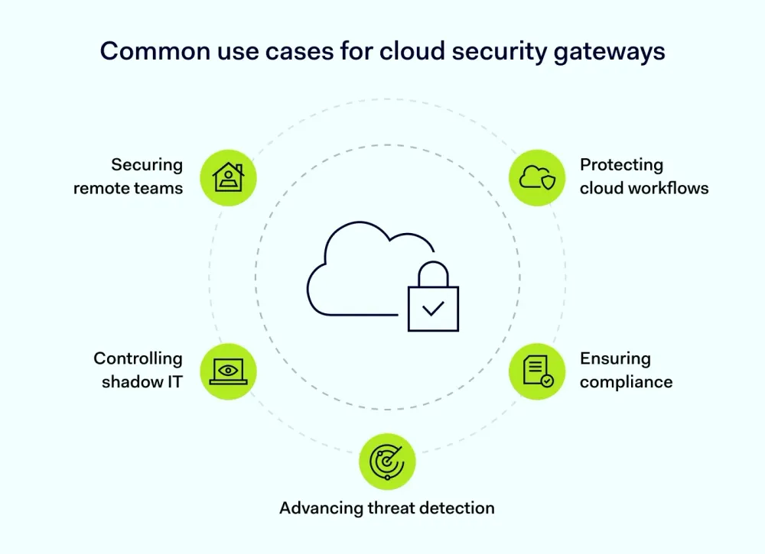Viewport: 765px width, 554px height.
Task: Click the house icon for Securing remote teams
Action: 228,177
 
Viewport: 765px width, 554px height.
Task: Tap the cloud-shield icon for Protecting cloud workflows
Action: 538,177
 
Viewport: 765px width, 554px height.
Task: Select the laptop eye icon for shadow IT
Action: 228,371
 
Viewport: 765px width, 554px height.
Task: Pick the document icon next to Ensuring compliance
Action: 538,371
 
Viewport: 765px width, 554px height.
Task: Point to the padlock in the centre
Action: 433,300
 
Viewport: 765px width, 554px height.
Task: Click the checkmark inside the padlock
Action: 433,309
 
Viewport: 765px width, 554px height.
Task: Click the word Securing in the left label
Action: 147,165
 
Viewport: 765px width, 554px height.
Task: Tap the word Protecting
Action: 621,165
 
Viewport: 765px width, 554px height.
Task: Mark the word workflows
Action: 669,188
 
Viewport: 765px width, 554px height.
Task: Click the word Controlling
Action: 138,358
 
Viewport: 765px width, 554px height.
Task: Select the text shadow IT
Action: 142,381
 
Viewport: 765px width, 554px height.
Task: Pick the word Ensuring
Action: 615,358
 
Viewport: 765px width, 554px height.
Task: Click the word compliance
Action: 626,381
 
